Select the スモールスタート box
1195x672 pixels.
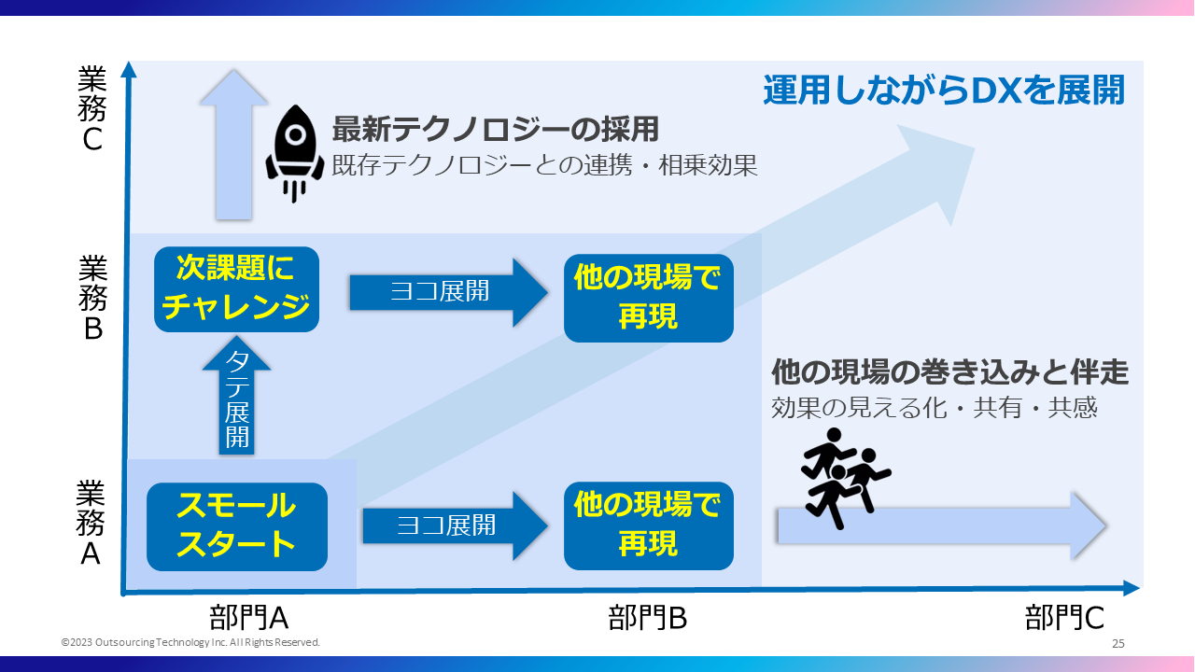point(237,526)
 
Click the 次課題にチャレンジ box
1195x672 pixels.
point(236,289)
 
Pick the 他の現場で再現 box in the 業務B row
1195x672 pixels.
point(648,298)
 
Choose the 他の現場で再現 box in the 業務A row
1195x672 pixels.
point(648,526)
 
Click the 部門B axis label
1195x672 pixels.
point(647,617)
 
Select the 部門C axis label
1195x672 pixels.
point(1064,617)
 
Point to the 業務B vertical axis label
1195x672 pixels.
point(92,299)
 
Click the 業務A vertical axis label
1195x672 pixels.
point(91,524)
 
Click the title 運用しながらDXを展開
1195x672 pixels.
point(943,91)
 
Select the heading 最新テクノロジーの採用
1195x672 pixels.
point(496,128)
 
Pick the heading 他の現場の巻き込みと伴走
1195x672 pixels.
point(949,372)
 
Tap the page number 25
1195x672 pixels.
point(1118,644)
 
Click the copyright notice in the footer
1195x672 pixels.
point(190,643)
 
